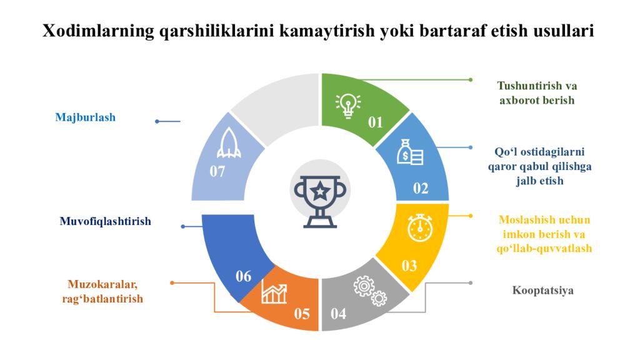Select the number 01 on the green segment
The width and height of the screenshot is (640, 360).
click(x=375, y=122)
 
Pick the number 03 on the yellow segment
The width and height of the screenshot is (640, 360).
click(x=409, y=266)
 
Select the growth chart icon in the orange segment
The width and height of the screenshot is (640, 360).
click(x=274, y=292)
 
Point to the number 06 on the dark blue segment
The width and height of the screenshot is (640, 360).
click(x=243, y=276)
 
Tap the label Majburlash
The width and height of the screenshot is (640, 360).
click(x=86, y=117)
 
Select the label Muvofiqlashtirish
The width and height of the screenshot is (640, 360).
click(x=106, y=221)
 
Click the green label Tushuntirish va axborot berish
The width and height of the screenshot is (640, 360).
click(x=537, y=93)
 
